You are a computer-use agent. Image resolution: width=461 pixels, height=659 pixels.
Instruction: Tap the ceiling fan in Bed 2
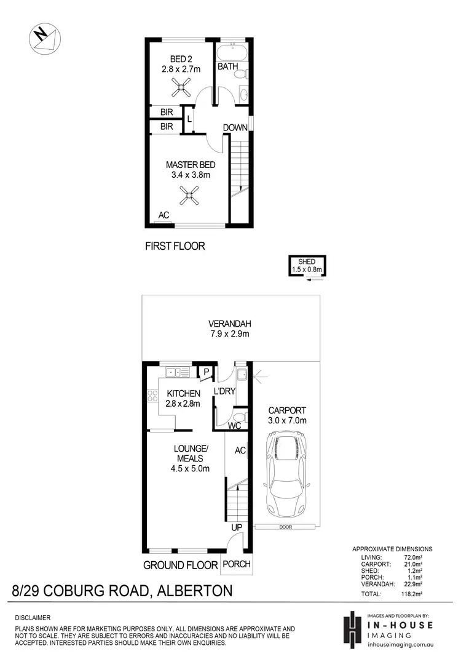click(x=181, y=90)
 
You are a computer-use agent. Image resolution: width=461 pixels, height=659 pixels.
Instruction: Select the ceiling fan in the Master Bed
click(x=189, y=195)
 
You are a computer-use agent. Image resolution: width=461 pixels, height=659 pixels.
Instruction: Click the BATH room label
click(x=227, y=66)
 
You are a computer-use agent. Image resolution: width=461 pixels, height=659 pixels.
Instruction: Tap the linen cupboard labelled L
click(x=189, y=119)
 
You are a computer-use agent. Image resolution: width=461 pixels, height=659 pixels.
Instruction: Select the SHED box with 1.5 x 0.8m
click(x=308, y=265)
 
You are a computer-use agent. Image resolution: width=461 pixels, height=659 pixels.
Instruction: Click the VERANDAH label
click(x=230, y=324)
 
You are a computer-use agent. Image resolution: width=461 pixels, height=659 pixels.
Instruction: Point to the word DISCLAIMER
click(x=34, y=617)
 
